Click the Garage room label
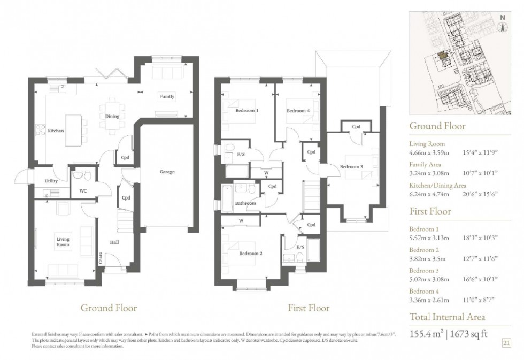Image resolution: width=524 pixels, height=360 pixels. [x=167, y=172]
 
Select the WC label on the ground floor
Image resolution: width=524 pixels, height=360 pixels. [x=83, y=190]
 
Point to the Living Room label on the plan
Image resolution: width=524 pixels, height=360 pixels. [x=63, y=242]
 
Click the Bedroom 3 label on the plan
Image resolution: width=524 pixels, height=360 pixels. [x=351, y=167]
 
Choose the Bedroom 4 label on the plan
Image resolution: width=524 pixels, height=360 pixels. [x=298, y=111]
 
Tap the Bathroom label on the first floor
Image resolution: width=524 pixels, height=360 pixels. [x=245, y=203]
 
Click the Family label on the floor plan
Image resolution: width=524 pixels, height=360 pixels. [x=166, y=97]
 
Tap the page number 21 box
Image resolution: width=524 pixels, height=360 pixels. [x=506, y=342]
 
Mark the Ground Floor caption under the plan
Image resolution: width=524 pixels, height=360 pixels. [x=109, y=308]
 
